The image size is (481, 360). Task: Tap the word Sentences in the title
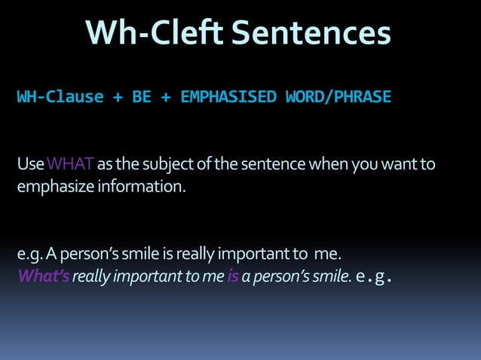[311, 32]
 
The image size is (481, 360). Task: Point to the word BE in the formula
[141, 97]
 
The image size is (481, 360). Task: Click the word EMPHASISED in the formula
[228, 97]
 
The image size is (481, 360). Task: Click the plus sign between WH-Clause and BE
[118, 97]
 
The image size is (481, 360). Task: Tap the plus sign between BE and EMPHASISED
[165, 97]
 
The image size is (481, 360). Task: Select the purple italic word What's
[44, 276]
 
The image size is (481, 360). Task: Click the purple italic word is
[232, 276]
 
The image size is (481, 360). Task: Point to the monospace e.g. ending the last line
[374, 276]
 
